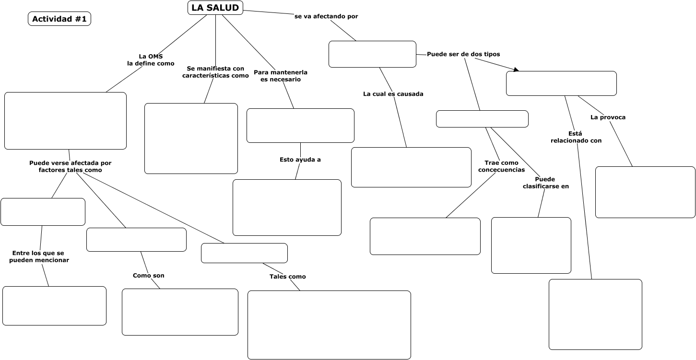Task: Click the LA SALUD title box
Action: (215, 8)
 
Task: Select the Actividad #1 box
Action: (59, 19)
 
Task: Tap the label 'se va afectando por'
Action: (326, 16)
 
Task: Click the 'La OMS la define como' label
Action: (151, 60)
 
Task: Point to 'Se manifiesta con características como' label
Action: (215, 72)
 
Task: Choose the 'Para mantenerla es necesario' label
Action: (281, 76)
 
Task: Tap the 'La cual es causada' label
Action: (393, 94)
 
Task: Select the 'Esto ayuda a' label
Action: (300, 160)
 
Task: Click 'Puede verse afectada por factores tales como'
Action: (71, 166)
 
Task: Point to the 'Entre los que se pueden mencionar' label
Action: (39, 256)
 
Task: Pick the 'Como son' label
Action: (149, 276)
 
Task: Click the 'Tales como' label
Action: (288, 277)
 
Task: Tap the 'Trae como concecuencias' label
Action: (501, 166)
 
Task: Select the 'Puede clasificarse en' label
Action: (546, 183)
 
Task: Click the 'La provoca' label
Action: (608, 117)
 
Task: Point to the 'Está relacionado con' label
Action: (576, 137)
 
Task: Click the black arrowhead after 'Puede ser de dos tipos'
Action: (516, 70)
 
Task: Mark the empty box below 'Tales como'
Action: (329, 325)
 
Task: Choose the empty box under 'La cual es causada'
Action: (411, 167)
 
